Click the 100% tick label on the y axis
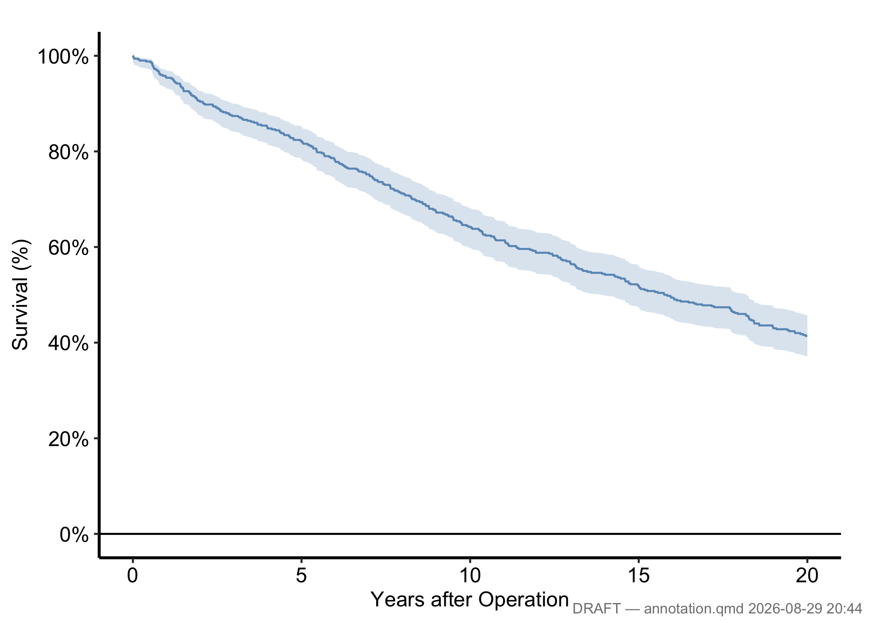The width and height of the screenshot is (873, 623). [63, 56]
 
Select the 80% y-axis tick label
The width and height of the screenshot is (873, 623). [69, 152]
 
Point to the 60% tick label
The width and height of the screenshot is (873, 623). [69, 248]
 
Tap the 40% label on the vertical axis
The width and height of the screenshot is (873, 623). [69, 343]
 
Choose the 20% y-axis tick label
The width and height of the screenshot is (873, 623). [69, 439]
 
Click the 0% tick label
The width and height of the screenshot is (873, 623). [74, 535]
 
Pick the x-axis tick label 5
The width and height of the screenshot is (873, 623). [301, 576]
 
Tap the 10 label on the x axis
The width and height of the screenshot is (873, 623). [470, 576]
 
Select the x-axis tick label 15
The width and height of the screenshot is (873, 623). [639, 576]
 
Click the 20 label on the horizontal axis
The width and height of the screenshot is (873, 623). [807, 576]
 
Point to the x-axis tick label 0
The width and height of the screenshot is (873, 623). [133, 576]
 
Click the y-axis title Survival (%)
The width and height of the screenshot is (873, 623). [20, 294]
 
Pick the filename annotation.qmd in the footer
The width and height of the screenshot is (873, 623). [694, 609]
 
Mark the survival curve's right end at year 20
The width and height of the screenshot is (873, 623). [807, 336]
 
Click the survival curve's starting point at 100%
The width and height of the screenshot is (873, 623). [133, 56]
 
